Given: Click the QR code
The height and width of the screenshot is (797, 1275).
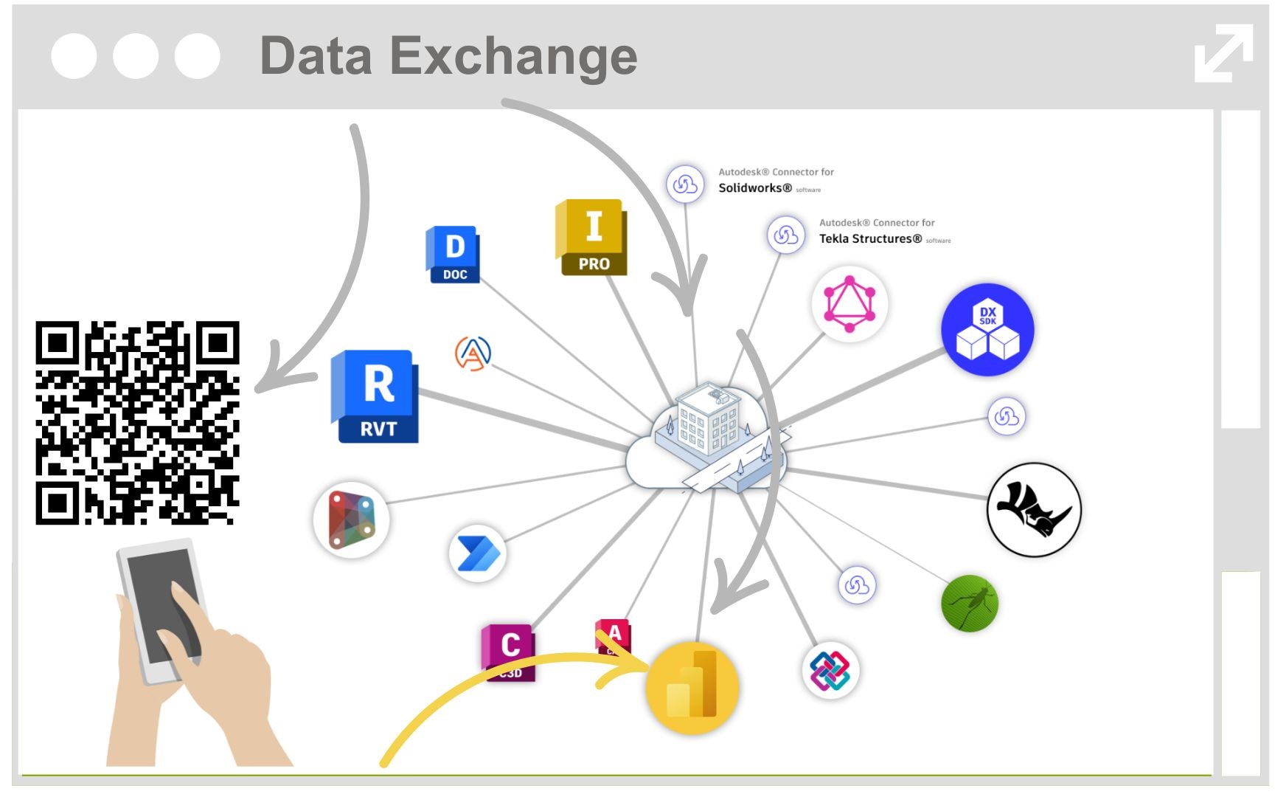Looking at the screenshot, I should click(137, 423).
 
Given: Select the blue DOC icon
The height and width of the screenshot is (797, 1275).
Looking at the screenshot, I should click(453, 255).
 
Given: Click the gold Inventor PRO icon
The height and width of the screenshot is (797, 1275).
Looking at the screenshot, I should click(592, 237).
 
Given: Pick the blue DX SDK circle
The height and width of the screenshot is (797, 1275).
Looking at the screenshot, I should click(987, 330).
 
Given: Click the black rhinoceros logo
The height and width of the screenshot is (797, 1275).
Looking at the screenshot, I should click(1034, 509).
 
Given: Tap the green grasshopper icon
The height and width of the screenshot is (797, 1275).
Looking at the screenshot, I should click(970, 603).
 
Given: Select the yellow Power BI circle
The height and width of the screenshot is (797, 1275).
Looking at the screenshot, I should click(692, 688).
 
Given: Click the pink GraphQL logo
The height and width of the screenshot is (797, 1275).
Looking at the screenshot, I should click(850, 303).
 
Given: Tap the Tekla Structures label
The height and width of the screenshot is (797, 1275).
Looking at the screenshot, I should click(870, 239).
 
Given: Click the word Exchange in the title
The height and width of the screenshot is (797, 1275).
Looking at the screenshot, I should click(513, 56).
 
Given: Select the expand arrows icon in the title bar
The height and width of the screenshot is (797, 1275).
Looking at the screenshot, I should click(1223, 53).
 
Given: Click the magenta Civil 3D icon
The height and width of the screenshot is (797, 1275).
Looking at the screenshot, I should click(509, 652).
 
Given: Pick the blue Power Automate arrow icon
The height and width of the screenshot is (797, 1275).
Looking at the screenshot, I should click(478, 554).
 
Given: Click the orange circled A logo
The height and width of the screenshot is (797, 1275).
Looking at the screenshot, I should click(473, 353).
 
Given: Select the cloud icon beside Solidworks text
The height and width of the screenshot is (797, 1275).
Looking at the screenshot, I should click(684, 184).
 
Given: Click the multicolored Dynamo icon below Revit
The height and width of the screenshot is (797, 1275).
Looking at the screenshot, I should click(352, 520).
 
